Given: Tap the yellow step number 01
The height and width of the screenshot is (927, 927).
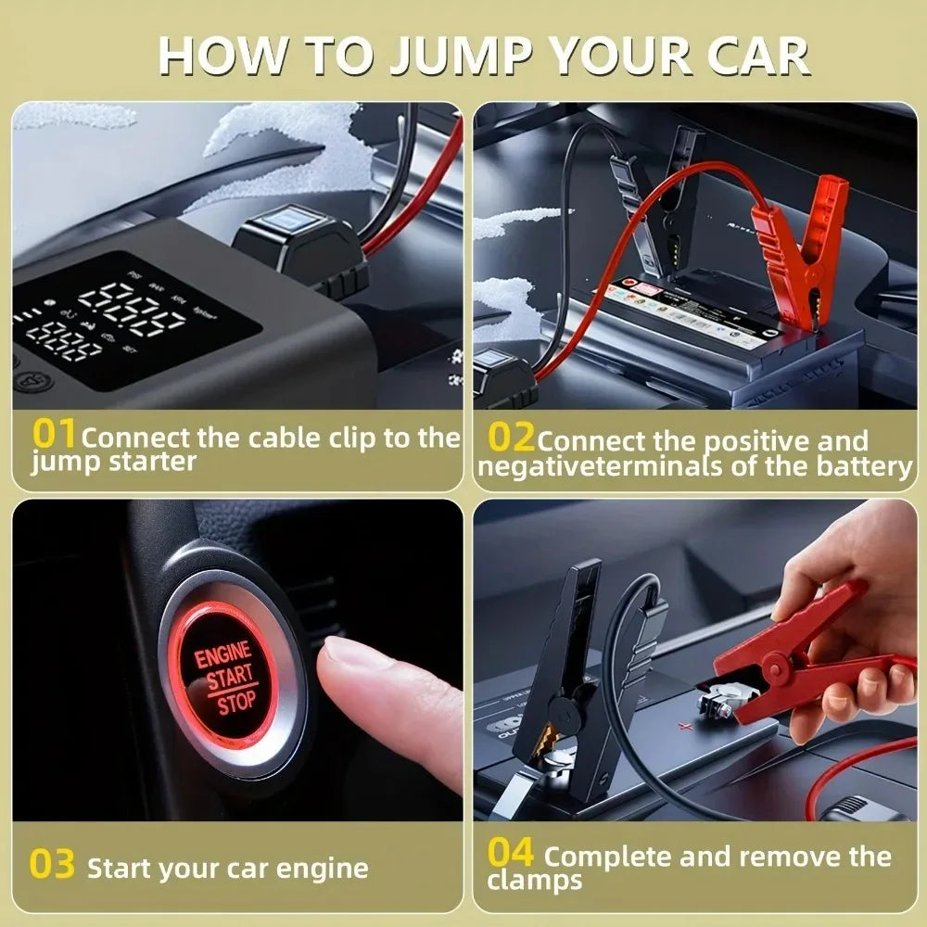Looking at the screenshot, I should (55, 433).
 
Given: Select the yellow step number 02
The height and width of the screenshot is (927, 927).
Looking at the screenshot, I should (511, 437).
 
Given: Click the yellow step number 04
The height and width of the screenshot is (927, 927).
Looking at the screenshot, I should (511, 852).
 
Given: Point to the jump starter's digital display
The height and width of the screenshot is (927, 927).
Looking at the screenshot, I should (130, 320).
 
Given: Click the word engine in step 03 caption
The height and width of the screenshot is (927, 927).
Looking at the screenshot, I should (322, 870).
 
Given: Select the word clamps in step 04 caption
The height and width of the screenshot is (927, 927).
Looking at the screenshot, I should (535, 881).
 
